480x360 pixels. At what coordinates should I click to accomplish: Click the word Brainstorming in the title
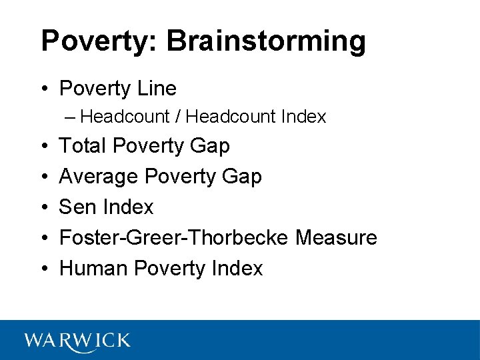tap(266, 41)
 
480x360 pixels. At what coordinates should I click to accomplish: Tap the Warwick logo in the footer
tap(77, 341)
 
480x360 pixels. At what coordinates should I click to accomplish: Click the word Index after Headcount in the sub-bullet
tap(303, 117)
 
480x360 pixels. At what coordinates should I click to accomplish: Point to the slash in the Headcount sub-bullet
tap(178, 117)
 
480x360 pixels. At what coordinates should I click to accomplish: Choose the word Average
tap(99, 176)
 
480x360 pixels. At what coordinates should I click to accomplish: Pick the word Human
tap(94, 268)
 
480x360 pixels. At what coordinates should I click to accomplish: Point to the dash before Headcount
tap(71, 117)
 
